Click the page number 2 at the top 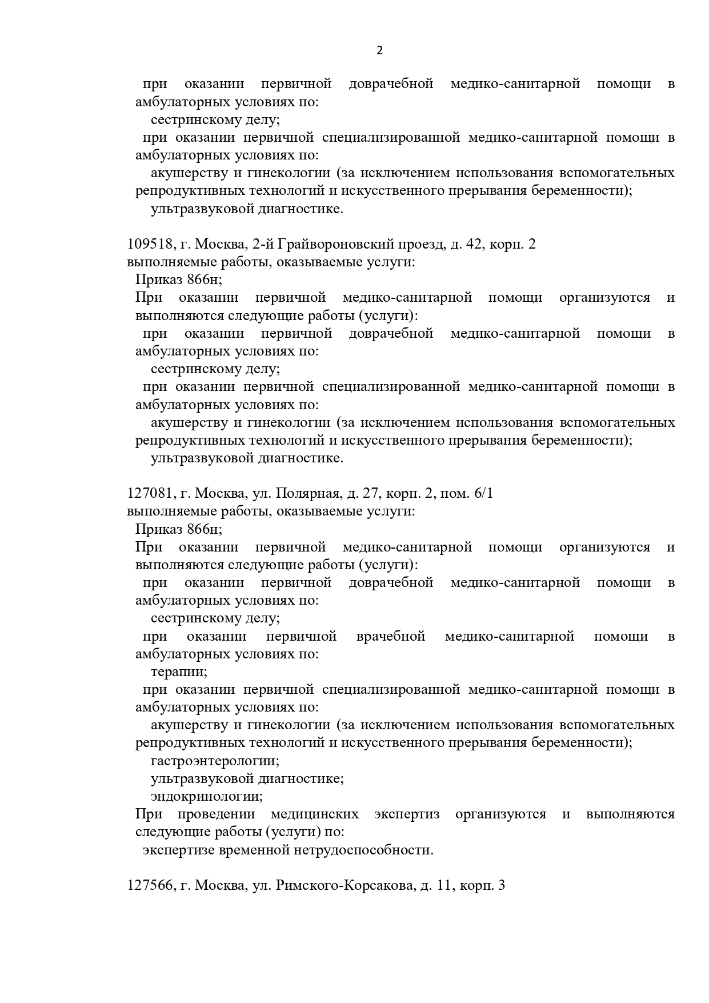pos(380,50)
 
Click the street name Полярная pos(310,493)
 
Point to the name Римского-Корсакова pos(345,886)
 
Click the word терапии pos(179,672)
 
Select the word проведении pos(216,814)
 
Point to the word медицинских pos(315,814)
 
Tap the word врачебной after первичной pos(391,637)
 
